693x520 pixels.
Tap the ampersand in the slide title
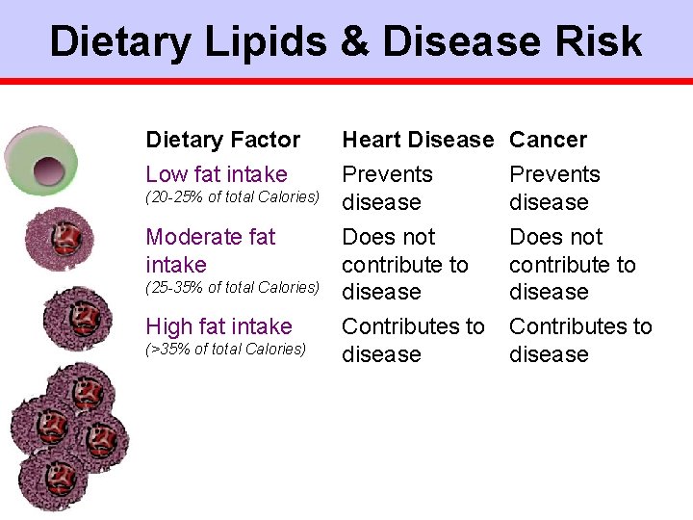click(x=356, y=41)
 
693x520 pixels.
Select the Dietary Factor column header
click(x=222, y=140)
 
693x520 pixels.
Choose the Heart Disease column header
click(x=418, y=140)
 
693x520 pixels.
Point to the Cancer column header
click(x=548, y=140)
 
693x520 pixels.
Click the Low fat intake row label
click(x=216, y=174)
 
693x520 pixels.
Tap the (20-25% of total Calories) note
click(x=232, y=196)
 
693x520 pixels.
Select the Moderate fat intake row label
click(x=210, y=249)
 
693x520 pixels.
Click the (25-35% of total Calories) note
click(x=232, y=287)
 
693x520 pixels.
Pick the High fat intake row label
click(x=218, y=326)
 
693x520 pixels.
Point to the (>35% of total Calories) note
click(x=225, y=349)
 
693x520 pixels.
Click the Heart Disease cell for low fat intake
click(x=387, y=188)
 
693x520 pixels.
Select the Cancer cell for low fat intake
click(x=553, y=188)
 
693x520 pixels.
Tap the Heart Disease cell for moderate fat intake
click(x=404, y=264)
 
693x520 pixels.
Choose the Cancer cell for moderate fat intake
click(x=572, y=264)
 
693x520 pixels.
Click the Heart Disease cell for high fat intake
click(x=413, y=340)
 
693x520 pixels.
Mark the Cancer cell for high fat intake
click(x=579, y=340)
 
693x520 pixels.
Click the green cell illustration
click(x=39, y=159)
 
